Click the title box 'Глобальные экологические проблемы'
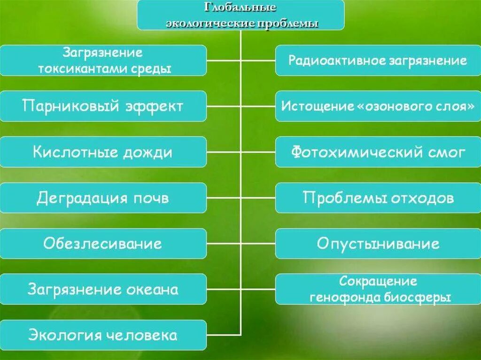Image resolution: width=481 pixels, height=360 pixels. click(240, 15)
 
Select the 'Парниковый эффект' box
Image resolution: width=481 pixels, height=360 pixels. click(103, 106)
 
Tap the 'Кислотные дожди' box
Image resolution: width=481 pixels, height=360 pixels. click(103, 152)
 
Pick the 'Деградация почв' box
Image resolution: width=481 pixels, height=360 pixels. click(103, 198)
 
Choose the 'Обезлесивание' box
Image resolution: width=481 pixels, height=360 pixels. click(103, 244)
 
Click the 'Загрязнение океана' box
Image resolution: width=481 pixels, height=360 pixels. click(103, 289)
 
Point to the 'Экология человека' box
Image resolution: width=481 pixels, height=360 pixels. click(103, 335)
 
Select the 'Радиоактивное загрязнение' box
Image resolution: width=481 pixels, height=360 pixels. click(378, 61)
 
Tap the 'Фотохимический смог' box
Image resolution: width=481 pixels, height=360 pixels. click(378, 152)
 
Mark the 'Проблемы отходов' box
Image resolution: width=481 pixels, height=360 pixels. click(378, 198)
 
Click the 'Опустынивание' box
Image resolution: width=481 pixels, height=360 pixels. click(378, 244)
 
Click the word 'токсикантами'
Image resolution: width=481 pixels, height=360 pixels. click(78, 69)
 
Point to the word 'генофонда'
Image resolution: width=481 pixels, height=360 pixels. click(337, 297)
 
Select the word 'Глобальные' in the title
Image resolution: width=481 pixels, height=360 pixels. click(240, 8)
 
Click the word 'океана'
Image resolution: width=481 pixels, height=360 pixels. click(152, 289)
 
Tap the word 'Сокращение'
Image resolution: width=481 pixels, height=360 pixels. click(378, 282)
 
